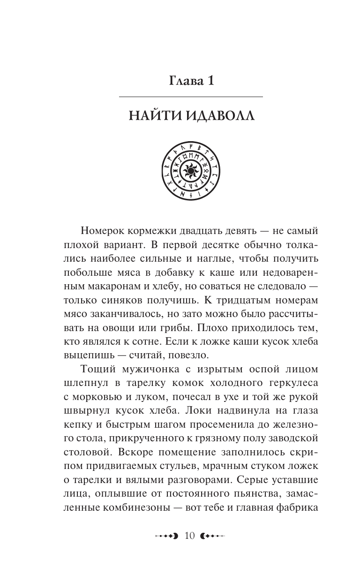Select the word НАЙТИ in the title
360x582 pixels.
pyautogui.click(x=153, y=115)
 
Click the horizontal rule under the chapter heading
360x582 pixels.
pyautogui.click(x=191, y=97)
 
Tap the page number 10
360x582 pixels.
pyautogui.click(x=191, y=536)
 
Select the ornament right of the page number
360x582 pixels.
pyautogui.click(x=213, y=536)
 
